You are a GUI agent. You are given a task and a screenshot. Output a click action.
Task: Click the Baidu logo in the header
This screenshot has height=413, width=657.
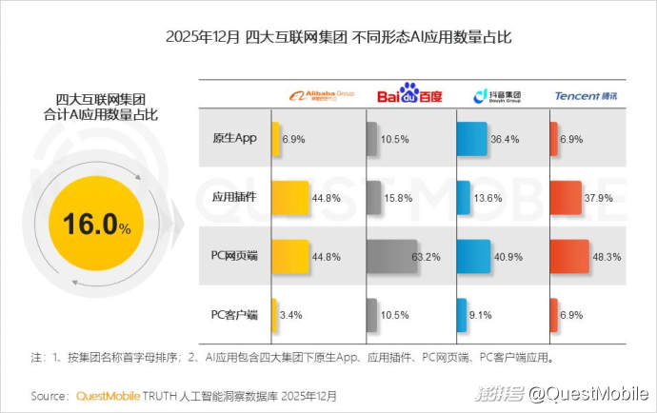[x=409, y=95]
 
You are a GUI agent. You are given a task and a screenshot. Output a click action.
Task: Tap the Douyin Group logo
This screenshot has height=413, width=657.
[x=495, y=95]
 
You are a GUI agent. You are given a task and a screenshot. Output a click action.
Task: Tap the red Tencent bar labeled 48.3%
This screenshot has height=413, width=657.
[x=567, y=256]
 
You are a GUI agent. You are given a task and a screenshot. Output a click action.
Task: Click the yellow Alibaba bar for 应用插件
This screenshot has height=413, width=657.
[x=291, y=198]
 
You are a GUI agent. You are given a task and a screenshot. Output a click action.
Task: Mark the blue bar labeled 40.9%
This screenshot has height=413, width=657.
[x=474, y=256]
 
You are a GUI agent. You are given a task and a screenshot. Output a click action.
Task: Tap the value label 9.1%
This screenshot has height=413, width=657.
[x=481, y=315]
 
